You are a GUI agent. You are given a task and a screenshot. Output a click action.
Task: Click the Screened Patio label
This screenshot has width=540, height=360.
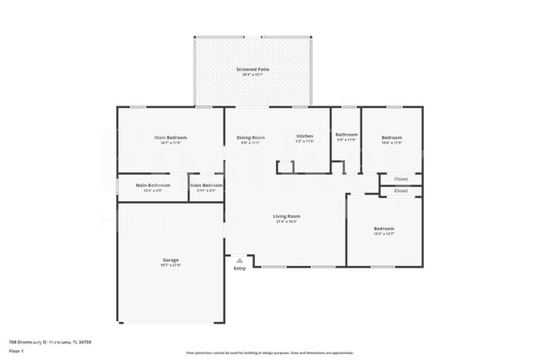point(253,69)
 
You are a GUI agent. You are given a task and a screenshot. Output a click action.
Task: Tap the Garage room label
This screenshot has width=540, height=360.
point(171,259)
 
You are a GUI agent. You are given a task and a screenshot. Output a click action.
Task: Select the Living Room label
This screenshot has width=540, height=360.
point(287,216)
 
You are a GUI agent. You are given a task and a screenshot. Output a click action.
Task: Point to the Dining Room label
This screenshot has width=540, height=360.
point(251,136)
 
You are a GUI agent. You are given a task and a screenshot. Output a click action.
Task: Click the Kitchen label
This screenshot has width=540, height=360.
point(305,136)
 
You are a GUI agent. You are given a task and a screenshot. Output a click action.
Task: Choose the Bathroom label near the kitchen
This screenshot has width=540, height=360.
point(346,135)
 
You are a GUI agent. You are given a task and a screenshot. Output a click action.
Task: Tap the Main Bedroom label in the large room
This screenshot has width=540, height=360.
point(170,137)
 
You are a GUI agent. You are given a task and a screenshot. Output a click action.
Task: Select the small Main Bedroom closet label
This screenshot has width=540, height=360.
point(206,185)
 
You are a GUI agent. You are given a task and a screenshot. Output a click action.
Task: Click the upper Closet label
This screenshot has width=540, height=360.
point(400,179)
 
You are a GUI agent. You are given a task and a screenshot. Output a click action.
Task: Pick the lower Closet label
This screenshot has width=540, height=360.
point(400,190)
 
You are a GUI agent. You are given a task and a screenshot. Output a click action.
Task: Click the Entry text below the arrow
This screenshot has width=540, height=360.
point(239,268)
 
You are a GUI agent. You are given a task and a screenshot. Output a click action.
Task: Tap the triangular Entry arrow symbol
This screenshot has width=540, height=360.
point(239,260)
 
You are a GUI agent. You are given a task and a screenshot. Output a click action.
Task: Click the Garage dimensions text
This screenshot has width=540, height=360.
point(171,265)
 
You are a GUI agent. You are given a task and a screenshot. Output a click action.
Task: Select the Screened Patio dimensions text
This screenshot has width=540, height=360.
point(253,75)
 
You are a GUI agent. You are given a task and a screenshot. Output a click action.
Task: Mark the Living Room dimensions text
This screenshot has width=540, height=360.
point(287,222)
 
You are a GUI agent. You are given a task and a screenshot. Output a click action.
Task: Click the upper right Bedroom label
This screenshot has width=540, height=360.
point(391,137)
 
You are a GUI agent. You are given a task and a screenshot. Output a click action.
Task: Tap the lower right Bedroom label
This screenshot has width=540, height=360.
point(384,228)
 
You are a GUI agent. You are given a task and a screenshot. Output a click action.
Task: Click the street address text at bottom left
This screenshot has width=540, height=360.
point(50,341)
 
